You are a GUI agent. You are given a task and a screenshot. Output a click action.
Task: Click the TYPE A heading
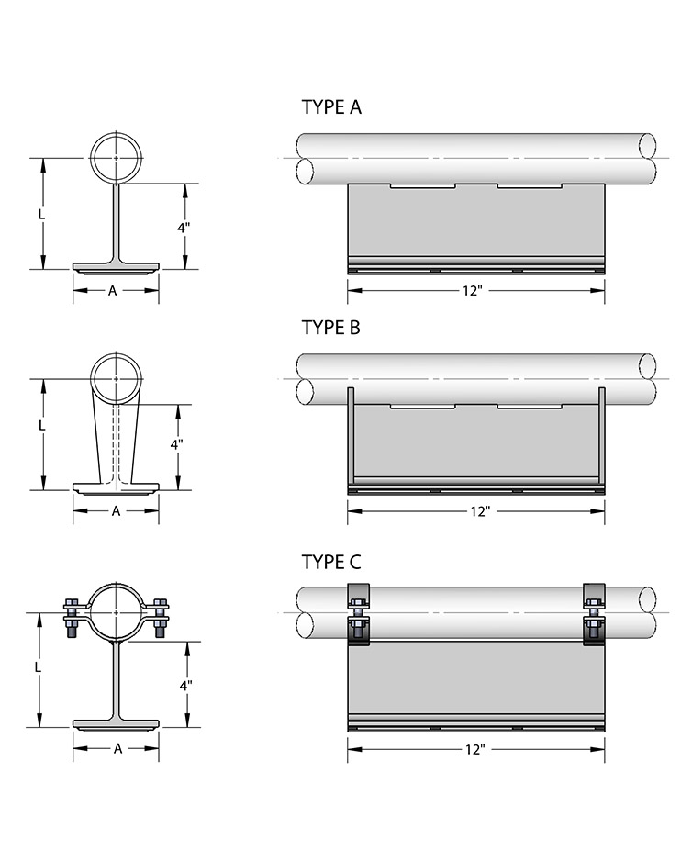pos(331,107)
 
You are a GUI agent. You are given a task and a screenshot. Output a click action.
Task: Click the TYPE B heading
pos(331,328)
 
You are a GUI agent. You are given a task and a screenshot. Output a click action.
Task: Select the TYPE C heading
pos(331,563)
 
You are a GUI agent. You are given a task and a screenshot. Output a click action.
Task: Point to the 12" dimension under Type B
pos(480,512)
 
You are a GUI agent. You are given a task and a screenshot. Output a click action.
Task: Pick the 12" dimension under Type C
pos(475,750)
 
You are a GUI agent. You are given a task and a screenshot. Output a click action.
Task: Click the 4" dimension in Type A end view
pos(184,228)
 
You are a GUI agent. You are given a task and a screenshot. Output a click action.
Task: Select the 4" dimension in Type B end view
pos(176,445)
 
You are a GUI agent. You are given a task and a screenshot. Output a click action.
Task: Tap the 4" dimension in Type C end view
pos(186,686)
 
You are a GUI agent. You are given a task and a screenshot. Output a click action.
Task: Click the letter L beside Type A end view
pos(41,214)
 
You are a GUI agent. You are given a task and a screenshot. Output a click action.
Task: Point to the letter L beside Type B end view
pos(41,426)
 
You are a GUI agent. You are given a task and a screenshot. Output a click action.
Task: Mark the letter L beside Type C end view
pos(38,667)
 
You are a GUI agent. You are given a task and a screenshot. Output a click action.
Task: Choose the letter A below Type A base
pos(113,291)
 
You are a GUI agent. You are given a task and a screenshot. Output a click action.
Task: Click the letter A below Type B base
pos(116,511)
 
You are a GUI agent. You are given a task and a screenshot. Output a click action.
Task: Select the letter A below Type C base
pos(117,748)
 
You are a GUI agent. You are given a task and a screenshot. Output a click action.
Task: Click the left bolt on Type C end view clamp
pos(72,618)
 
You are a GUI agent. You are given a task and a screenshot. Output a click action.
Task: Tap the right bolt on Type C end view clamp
pos(161,618)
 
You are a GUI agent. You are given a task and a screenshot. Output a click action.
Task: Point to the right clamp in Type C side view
pos(594,614)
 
